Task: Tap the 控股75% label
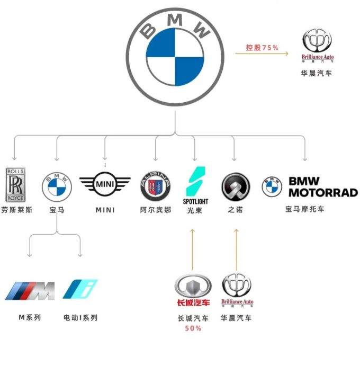pyautogui.click(x=262, y=48)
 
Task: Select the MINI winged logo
pyautogui.click(x=105, y=184)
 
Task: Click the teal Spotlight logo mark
pyautogui.click(x=195, y=182)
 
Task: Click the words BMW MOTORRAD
pyautogui.click(x=323, y=186)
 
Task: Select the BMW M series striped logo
pyautogui.click(x=30, y=290)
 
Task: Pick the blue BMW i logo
pyautogui.click(x=80, y=289)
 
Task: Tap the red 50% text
pyautogui.click(x=193, y=328)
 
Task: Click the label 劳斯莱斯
pyautogui.click(x=17, y=210)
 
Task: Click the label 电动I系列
pyautogui.click(x=80, y=318)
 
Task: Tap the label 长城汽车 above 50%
pyautogui.click(x=193, y=318)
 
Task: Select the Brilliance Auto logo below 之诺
pyautogui.click(x=237, y=290)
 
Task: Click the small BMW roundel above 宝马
pyautogui.click(x=56, y=185)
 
